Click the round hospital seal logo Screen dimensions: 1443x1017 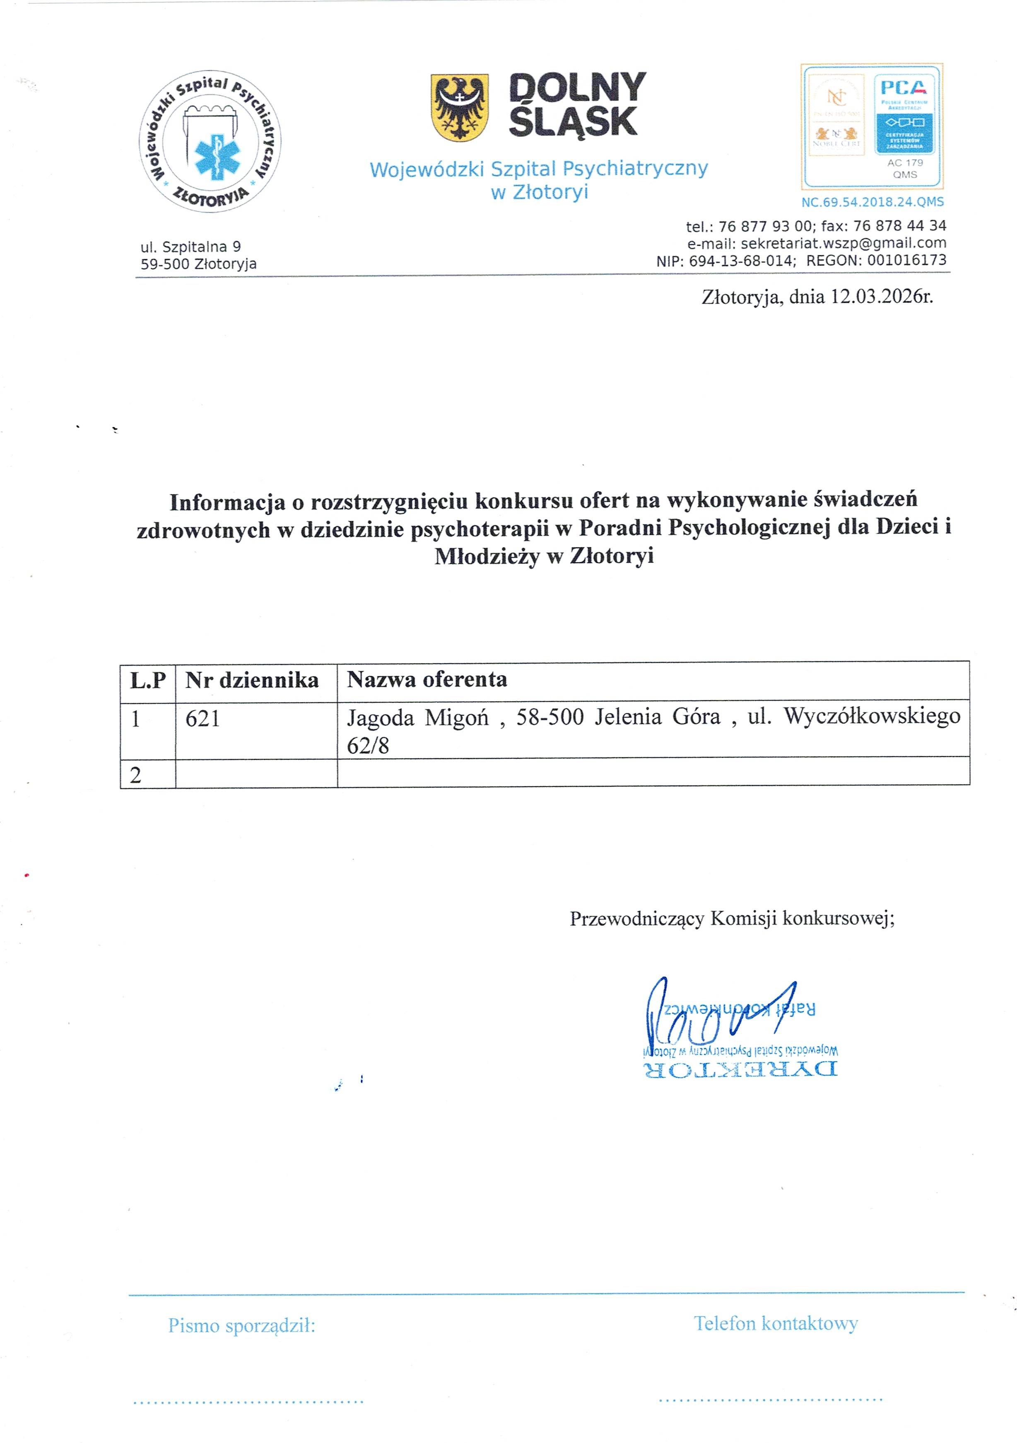(x=210, y=141)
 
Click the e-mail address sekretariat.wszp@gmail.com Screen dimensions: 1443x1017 (x=843, y=243)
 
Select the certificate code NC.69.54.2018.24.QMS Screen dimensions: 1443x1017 (x=872, y=202)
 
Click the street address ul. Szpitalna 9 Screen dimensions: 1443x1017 (x=191, y=247)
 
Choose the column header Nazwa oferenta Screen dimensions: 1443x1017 (x=427, y=679)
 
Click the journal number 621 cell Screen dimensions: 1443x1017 (x=203, y=718)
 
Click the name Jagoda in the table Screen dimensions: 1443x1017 (x=380, y=718)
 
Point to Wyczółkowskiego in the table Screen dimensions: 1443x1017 (x=871, y=716)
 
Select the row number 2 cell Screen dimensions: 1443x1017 (x=136, y=775)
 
